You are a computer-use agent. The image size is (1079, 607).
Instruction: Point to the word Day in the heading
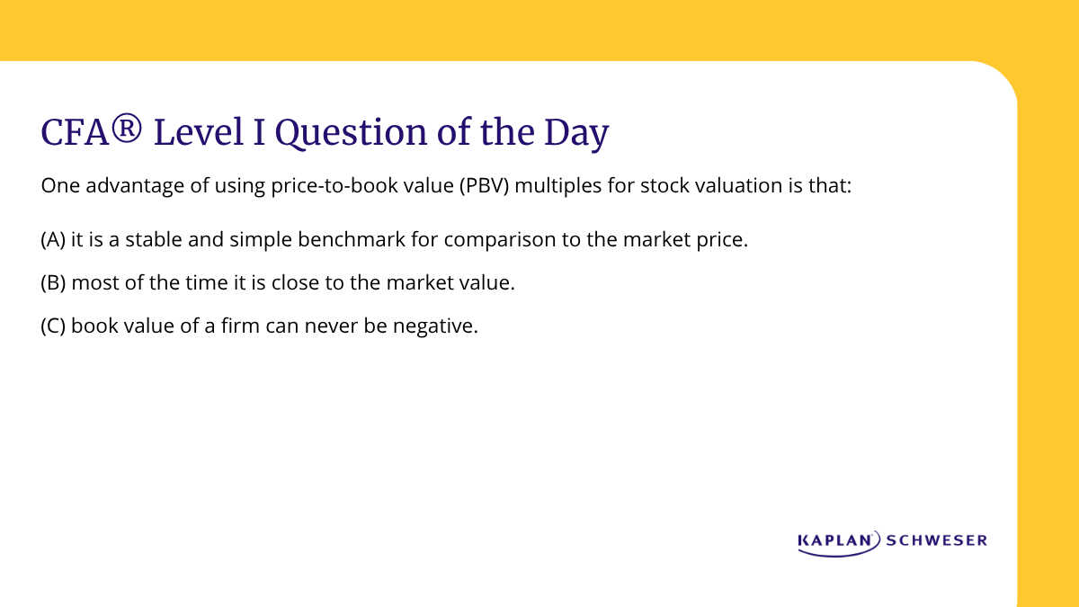[575, 134]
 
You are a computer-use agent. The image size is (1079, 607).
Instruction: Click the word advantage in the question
[120, 187]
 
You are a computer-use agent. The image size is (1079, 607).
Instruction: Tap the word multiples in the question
[552, 187]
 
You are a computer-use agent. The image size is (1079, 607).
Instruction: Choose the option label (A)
[53, 241]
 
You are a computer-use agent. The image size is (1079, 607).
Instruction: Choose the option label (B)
[53, 283]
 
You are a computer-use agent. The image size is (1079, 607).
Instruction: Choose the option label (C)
[53, 326]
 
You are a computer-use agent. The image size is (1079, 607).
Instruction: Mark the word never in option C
[334, 326]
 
